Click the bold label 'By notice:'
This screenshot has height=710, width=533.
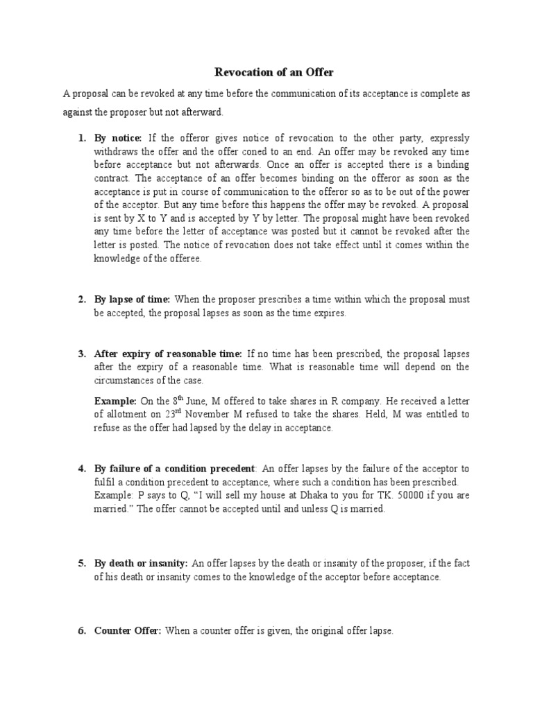click(118, 138)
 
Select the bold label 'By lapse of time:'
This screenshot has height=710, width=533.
click(132, 300)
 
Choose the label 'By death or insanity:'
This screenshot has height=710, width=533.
click(141, 563)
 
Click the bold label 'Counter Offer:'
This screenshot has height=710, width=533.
click(128, 631)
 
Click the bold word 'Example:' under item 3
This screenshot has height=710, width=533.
click(115, 401)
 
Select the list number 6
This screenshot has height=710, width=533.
click(81, 631)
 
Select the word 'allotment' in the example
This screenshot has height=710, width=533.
click(124, 415)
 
